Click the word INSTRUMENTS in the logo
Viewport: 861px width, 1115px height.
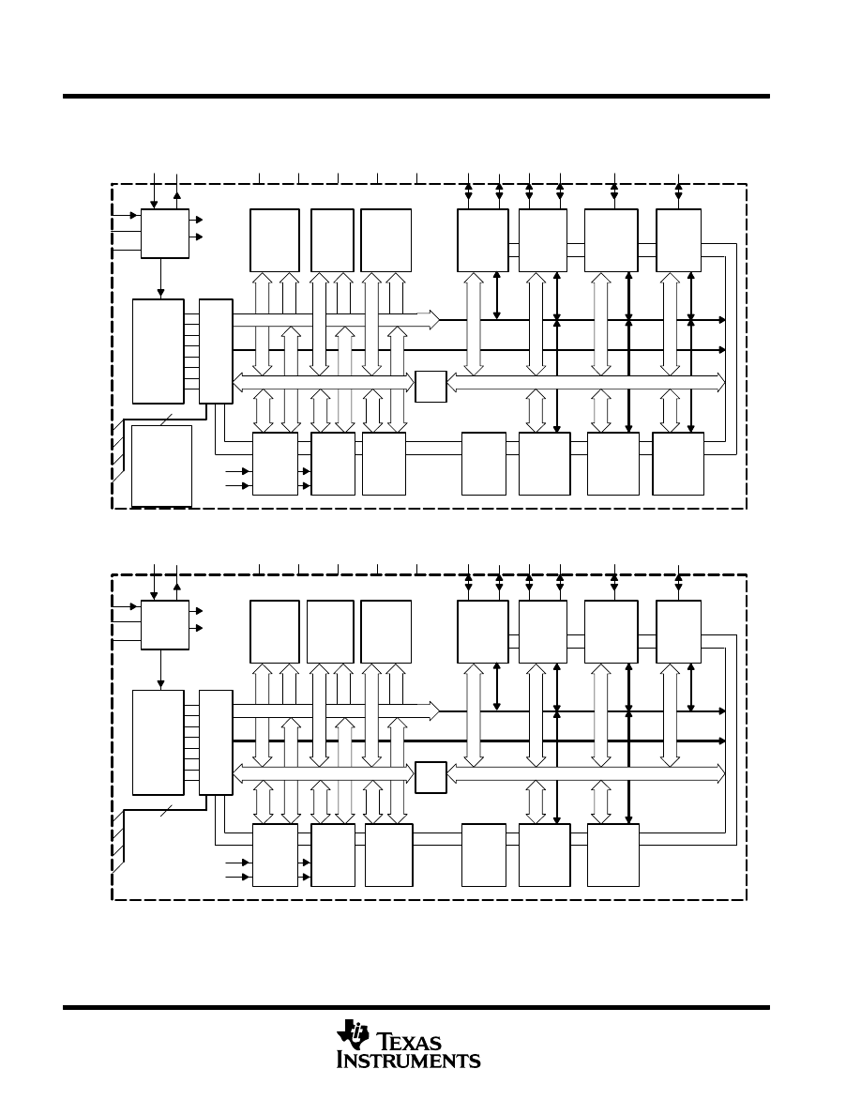(409, 1061)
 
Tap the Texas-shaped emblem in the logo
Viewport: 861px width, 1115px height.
(353, 1034)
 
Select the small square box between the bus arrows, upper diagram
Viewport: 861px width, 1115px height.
(430, 386)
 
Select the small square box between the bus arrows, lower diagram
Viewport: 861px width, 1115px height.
(430, 777)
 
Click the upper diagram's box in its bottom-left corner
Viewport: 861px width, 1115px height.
(162, 466)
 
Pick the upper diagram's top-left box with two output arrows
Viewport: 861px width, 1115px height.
(165, 234)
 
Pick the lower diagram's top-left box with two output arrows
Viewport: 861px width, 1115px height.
(165, 624)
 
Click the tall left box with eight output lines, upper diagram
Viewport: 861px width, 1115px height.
(159, 351)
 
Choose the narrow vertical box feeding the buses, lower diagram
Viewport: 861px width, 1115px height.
(216, 742)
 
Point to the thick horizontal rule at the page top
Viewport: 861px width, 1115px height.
(416, 96)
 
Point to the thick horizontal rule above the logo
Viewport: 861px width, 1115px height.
(416, 1007)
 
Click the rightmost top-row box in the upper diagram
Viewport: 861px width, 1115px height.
(678, 240)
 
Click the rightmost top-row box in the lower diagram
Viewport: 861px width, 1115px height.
(678, 632)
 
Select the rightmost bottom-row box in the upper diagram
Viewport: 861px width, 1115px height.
(678, 464)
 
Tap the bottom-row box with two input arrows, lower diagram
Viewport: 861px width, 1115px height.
(275, 855)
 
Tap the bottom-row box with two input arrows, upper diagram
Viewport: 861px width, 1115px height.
(275, 464)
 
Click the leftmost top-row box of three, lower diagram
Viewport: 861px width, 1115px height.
(275, 632)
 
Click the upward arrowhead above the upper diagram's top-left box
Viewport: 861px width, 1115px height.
(177, 194)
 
